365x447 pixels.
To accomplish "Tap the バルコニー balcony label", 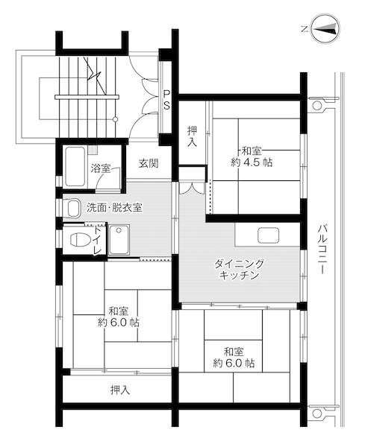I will click(322, 250).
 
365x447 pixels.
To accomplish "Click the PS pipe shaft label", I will click(167, 99).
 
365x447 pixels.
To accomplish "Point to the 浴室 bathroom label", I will click(101, 168).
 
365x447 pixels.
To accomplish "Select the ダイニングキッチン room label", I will click(240, 270).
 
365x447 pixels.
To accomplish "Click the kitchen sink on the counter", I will click(269, 235).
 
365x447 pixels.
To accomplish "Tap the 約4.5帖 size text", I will click(252, 162).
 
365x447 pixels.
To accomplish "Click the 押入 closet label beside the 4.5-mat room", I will click(192, 135).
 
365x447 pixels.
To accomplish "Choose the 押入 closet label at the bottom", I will click(119, 389).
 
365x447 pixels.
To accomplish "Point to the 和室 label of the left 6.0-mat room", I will click(118, 311).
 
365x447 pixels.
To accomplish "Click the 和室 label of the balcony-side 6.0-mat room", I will click(234, 351).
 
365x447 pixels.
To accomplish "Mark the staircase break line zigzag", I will click(93, 71).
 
